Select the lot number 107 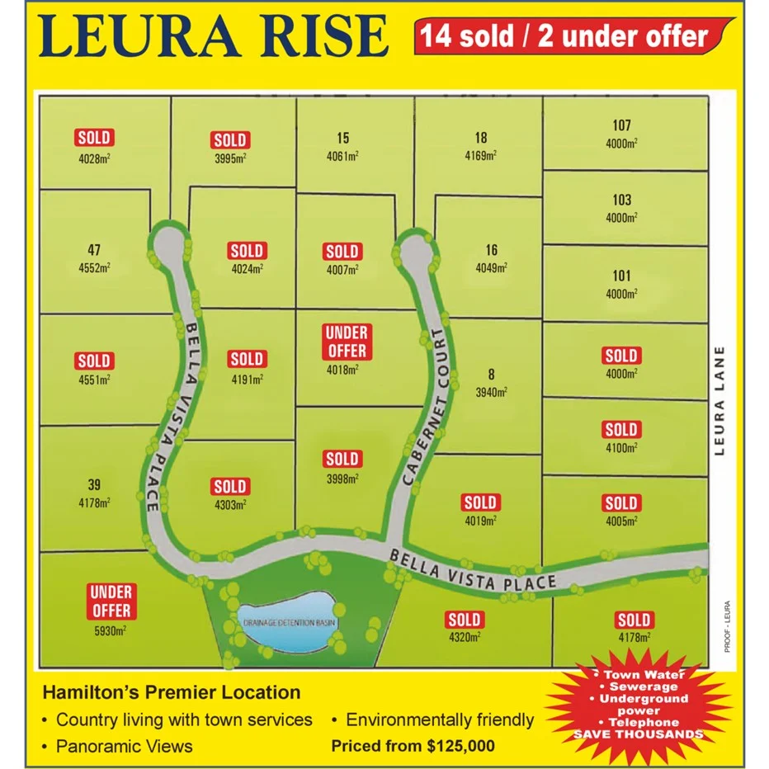[x=621, y=125]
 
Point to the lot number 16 [x=492, y=250]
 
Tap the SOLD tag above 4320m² [x=464, y=620]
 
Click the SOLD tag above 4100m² [x=621, y=430]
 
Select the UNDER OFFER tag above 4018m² [x=347, y=342]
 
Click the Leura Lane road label [x=720, y=400]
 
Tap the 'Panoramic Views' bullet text [x=124, y=746]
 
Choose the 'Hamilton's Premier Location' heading [x=171, y=692]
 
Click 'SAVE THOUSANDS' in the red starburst [x=639, y=734]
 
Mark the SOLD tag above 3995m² [x=230, y=140]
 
